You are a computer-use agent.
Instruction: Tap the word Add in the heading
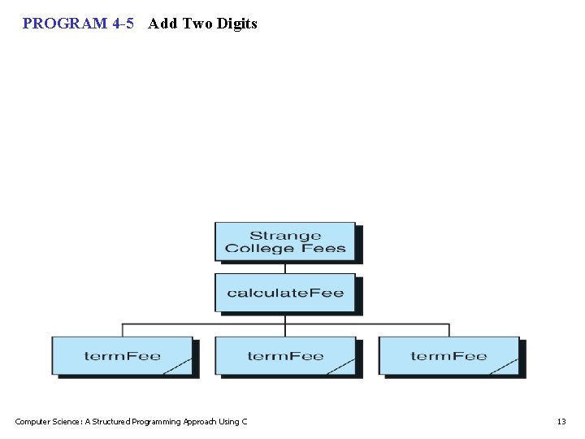click(162, 24)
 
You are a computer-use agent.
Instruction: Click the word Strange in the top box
click(285, 237)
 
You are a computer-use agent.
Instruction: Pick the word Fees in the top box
click(323, 249)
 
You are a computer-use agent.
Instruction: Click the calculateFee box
click(285, 293)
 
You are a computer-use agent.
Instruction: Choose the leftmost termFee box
click(122, 356)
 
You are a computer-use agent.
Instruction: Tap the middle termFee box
click(285, 356)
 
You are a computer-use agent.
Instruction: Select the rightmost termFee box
click(448, 356)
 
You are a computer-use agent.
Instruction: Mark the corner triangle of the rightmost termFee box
click(510, 368)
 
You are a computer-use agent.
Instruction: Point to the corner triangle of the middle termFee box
click(347, 368)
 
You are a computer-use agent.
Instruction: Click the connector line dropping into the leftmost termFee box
click(123, 330)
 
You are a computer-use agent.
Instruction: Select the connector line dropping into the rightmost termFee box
click(449, 330)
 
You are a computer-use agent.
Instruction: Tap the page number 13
click(561, 421)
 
